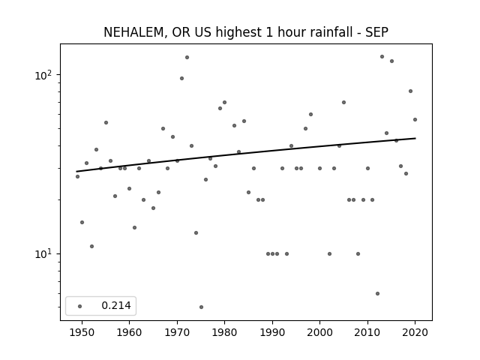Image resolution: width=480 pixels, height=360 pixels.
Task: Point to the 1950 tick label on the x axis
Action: [x=82, y=332]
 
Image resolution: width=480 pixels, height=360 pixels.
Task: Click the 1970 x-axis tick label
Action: [x=177, y=332]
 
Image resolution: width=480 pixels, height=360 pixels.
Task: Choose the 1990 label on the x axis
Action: [x=272, y=332]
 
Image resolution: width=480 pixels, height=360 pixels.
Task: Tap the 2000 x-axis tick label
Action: [x=319, y=332]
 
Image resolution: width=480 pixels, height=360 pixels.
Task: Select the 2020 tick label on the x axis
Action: [x=415, y=332]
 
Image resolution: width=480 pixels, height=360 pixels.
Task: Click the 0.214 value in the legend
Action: [x=116, y=305]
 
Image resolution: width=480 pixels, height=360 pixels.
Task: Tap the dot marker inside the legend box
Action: [x=80, y=306]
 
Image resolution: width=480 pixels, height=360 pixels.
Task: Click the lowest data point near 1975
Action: [x=201, y=307]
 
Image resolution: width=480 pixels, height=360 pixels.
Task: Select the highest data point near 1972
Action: [x=187, y=57]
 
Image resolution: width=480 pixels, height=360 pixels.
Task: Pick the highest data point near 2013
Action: [x=382, y=57]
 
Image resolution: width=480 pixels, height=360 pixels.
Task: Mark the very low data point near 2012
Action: [x=377, y=293]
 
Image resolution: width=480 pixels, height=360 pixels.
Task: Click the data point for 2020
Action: [x=415, y=120]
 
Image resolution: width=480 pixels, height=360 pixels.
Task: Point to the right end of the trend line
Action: [x=415, y=138]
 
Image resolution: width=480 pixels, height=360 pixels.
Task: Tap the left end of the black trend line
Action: [x=76, y=172]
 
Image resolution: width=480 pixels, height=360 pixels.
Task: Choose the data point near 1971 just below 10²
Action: [x=181, y=78]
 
